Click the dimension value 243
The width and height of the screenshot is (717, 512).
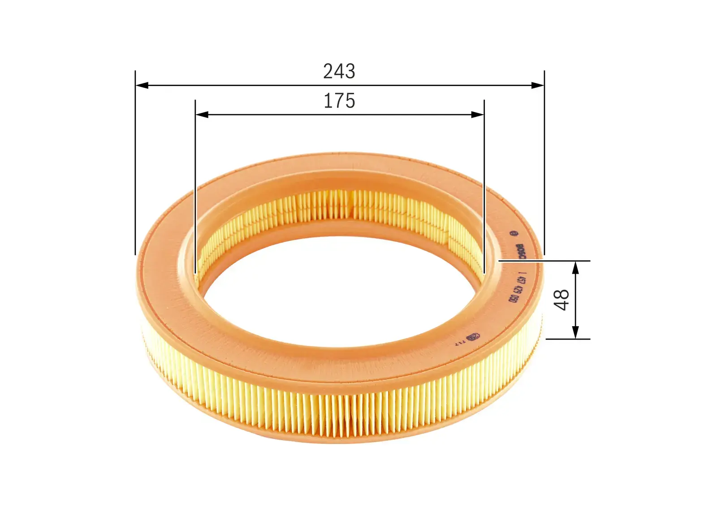[339, 72]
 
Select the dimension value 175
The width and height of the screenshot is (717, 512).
[339, 101]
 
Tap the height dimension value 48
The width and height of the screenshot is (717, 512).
[562, 299]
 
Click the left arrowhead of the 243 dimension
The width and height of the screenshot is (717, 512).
[142, 85]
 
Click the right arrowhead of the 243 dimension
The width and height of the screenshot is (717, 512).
[537, 85]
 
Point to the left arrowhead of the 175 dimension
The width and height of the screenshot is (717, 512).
[202, 115]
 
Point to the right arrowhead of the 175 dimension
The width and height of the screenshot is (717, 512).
[478, 115]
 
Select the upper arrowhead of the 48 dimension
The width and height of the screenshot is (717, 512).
[576, 267]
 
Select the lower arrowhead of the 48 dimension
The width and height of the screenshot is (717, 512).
[576, 332]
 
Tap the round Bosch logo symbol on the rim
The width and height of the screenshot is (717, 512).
[514, 233]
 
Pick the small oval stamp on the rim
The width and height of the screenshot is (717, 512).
[473, 336]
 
